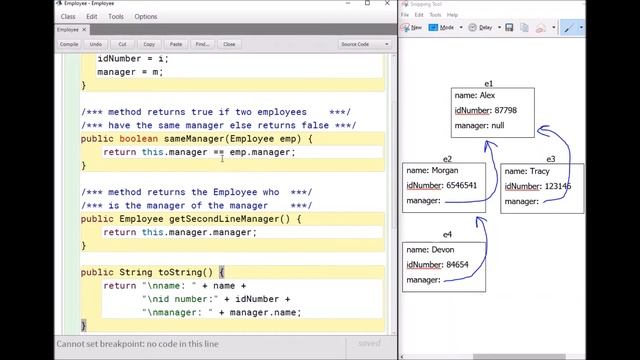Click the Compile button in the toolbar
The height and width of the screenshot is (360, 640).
click(x=69, y=44)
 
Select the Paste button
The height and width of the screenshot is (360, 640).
click(x=176, y=44)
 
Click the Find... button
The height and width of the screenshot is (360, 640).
click(x=203, y=44)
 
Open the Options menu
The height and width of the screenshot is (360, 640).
click(x=146, y=16)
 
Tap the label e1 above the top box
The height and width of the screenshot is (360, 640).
click(x=490, y=84)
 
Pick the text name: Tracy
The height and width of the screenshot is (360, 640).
click(x=526, y=171)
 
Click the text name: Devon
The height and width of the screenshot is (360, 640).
click(x=429, y=249)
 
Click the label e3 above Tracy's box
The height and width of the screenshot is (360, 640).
click(x=550, y=158)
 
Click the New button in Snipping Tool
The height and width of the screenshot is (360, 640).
click(x=413, y=28)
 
